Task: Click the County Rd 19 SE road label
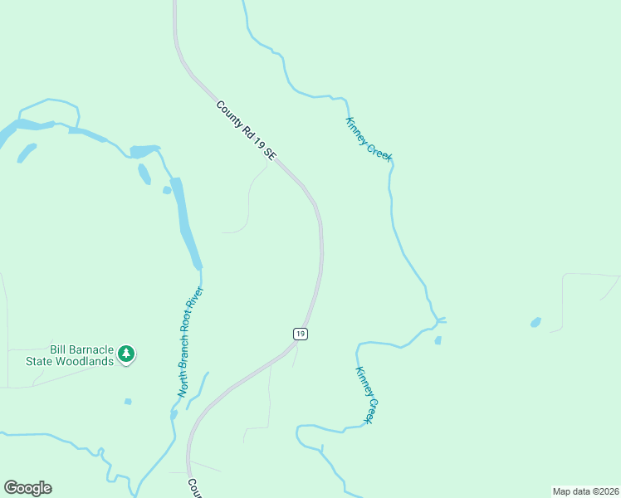click(246, 130)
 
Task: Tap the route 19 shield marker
click(301, 333)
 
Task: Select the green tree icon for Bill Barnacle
click(126, 354)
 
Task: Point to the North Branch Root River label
click(190, 342)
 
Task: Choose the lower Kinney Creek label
click(367, 395)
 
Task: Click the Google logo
click(27, 488)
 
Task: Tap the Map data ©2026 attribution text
click(585, 491)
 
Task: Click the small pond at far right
click(535, 322)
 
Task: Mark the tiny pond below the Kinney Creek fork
click(438, 339)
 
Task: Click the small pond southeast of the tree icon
click(128, 402)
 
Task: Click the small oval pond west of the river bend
click(144, 173)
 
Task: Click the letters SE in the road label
click(269, 153)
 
